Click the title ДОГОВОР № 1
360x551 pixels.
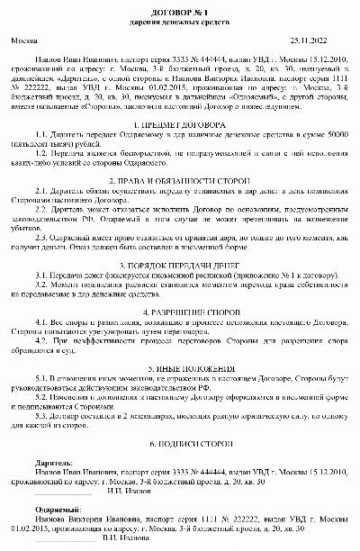pyautogui.click(x=179, y=7)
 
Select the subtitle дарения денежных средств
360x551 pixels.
pyautogui.click(x=179, y=19)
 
